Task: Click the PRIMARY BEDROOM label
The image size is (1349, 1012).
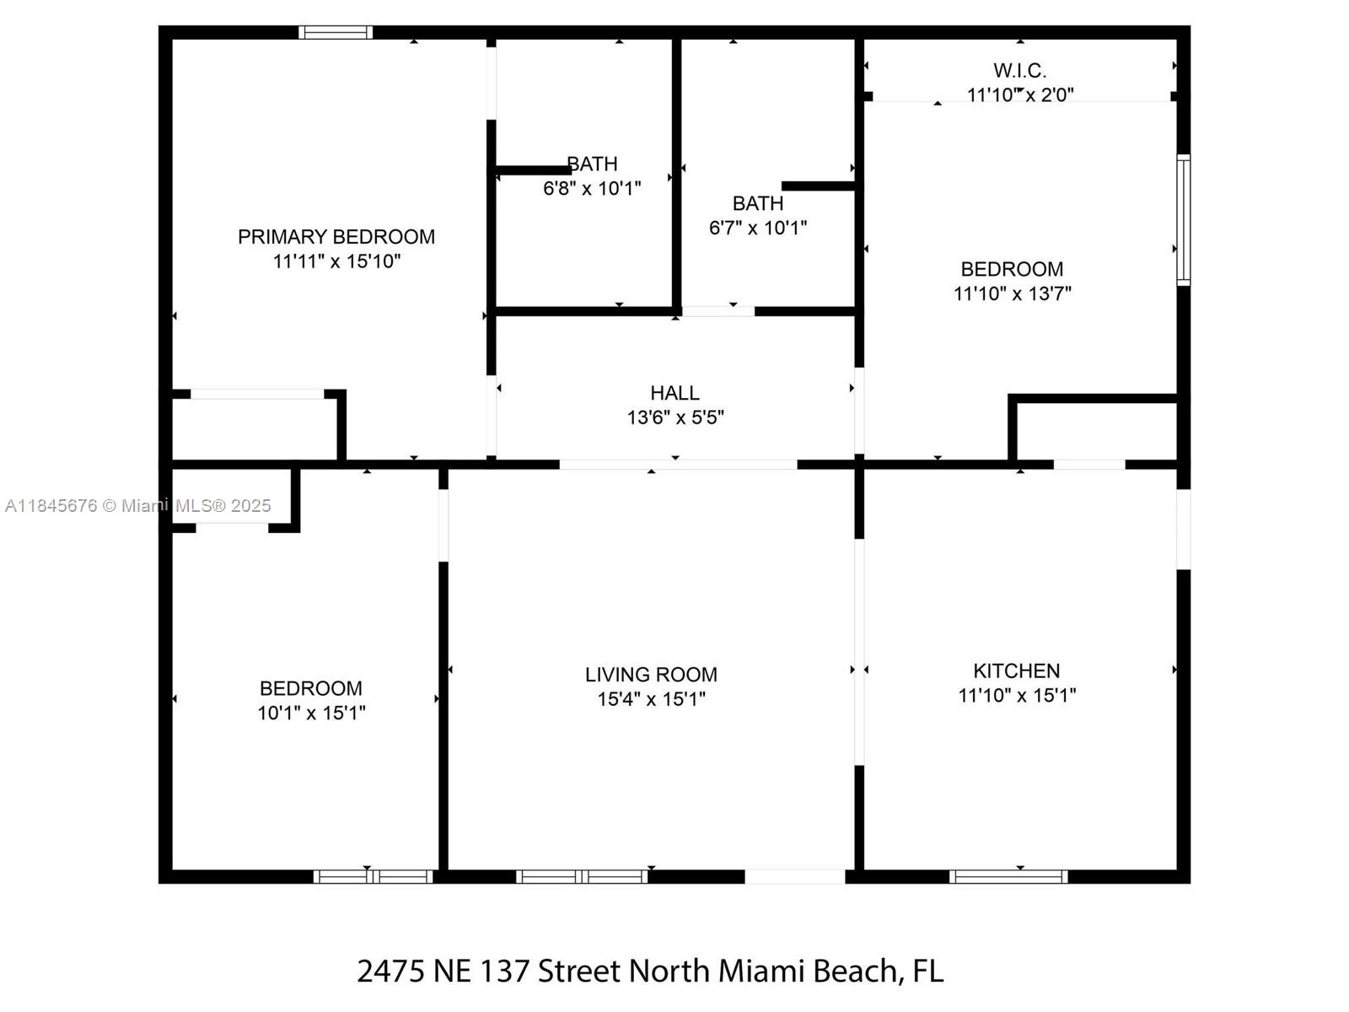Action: [336, 237]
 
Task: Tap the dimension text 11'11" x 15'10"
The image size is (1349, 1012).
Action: [336, 261]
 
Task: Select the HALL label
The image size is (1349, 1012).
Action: [674, 393]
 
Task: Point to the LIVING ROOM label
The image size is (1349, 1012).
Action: [651, 675]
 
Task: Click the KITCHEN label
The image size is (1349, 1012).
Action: [1017, 670]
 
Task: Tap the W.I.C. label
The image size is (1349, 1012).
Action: [1019, 71]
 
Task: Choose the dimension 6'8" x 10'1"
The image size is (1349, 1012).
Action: [592, 189]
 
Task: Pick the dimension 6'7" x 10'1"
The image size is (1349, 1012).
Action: [758, 228]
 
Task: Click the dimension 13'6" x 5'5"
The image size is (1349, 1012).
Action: [675, 417]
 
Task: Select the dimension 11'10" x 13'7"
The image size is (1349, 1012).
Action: [1013, 293]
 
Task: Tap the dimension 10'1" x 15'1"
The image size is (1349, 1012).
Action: [311, 713]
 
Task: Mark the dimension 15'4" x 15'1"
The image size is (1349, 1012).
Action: [652, 699]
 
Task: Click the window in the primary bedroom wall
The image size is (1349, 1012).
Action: [336, 32]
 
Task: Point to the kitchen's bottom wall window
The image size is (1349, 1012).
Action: [1008, 877]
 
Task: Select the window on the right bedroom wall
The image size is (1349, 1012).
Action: [1184, 220]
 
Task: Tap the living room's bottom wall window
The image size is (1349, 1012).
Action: [582, 877]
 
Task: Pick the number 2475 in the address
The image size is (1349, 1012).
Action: [391, 972]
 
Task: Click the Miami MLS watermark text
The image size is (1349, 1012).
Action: [137, 506]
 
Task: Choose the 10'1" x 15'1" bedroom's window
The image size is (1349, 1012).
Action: [374, 877]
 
